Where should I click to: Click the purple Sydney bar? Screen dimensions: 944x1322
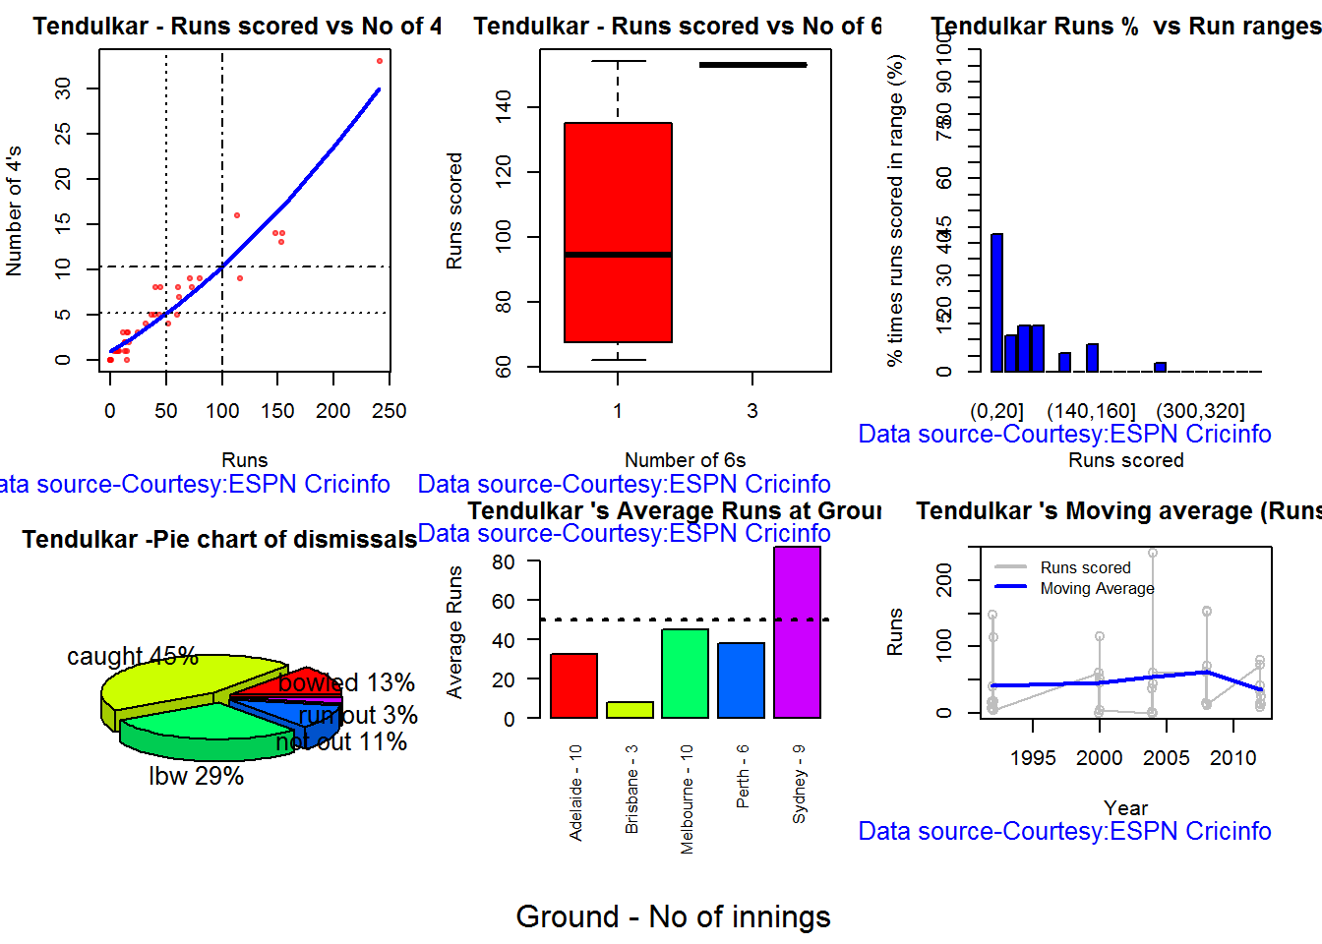pos(797,632)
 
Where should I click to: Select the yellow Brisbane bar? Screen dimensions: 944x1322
pos(630,709)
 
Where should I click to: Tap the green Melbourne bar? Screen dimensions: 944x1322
pos(686,674)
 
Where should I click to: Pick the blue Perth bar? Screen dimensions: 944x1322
pos(741,679)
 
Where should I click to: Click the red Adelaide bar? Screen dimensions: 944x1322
pos(573,685)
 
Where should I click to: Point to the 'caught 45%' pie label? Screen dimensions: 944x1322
pos(133,656)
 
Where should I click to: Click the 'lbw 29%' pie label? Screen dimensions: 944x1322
pos(196,776)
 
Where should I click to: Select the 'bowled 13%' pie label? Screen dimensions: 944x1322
pos(346,682)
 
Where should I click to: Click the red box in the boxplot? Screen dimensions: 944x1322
pos(618,232)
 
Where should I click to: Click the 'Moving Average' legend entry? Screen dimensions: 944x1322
pos(1097,588)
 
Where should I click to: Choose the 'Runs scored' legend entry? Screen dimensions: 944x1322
pos(1085,567)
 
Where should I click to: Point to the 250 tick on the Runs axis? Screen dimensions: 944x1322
pos(390,411)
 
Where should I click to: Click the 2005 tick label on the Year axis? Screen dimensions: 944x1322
pos(1166,758)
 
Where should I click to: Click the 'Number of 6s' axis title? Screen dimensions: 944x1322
pos(685,460)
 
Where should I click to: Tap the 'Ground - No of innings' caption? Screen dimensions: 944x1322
pos(673,916)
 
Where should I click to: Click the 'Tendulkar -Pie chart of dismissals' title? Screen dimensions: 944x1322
pos(219,539)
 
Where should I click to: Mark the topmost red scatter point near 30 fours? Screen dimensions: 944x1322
pos(380,61)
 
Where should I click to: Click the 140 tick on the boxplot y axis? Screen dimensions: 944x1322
pos(504,106)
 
